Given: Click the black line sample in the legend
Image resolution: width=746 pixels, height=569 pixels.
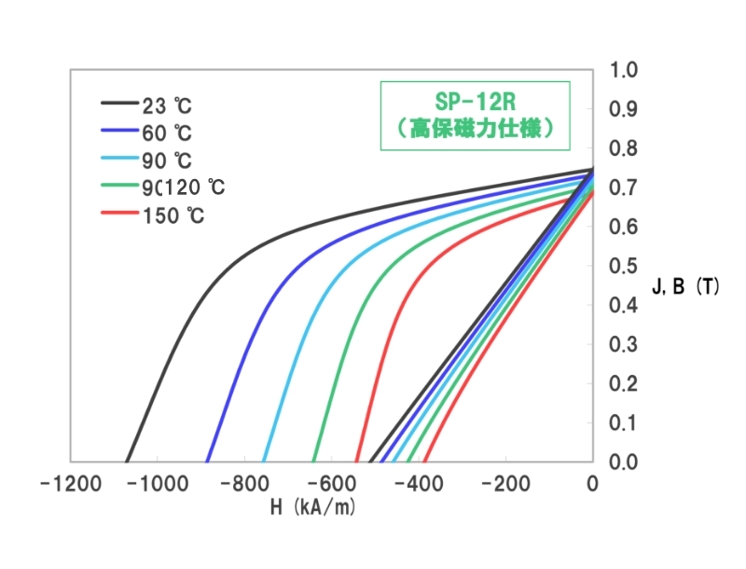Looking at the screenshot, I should (x=119, y=103).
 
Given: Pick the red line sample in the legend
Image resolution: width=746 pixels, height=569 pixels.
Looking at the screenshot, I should (x=119, y=215).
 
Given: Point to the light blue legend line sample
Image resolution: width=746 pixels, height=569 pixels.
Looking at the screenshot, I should (x=119, y=159).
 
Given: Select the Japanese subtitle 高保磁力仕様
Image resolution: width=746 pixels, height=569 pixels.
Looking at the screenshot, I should (x=475, y=130).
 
